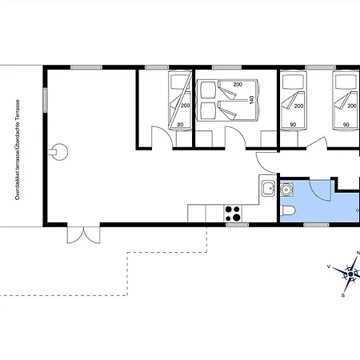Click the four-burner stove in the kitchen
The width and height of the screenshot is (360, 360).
click(x=233, y=214)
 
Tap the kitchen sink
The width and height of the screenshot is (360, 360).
click(x=268, y=189)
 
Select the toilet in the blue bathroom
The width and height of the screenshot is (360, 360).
click(x=288, y=210)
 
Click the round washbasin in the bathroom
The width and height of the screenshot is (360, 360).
click(x=286, y=190)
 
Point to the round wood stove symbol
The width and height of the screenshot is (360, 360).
click(x=59, y=152)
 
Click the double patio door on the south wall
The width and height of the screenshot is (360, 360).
click(x=84, y=235)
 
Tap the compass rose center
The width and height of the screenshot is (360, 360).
click(x=350, y=274)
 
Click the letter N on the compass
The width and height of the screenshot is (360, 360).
click(x=358, y=253)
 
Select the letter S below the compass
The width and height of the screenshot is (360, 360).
click(x=343, y=295)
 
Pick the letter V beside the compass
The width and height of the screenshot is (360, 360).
click(x=329, y=266)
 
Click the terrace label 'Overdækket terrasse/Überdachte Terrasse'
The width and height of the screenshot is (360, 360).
click(x=18, y=150)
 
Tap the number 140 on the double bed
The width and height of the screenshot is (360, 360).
click(x=251, y=100)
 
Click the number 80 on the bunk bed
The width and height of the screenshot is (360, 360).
click(x=180, y=125)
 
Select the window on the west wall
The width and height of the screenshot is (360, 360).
click(x=45, y=100)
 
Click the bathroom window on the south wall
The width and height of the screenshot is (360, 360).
click(x=316, y=225)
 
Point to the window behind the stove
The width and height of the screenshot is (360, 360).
click(x=237, y=225)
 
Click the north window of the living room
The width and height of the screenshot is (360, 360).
click(x=86, y=67)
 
